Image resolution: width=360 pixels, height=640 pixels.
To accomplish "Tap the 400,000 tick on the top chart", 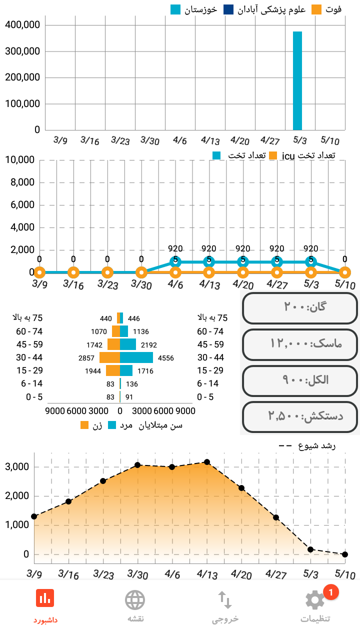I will point(22,25).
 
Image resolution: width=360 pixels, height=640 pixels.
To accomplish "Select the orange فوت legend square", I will point(316,9).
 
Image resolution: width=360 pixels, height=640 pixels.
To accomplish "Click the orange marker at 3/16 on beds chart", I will point(73,272).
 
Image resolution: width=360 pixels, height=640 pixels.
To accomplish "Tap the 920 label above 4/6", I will point(175,248).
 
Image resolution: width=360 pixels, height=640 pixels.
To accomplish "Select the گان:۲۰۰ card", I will point(300,307).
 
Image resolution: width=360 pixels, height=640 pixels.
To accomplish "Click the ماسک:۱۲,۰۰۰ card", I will point(300,344).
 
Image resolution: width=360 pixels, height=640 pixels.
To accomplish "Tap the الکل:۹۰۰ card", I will point(300,380).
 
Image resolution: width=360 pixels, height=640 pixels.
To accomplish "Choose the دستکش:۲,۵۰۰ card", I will point(300,416).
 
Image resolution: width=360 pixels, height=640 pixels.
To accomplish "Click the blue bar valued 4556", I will point(136,357).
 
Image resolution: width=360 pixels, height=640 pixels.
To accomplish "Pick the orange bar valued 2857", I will point(109,357).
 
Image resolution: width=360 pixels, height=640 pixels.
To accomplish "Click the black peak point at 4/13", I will point(207,462).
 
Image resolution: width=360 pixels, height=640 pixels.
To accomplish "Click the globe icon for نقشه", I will point(135,599).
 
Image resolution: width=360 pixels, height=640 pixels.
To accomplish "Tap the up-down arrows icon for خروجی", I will point(225,599).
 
